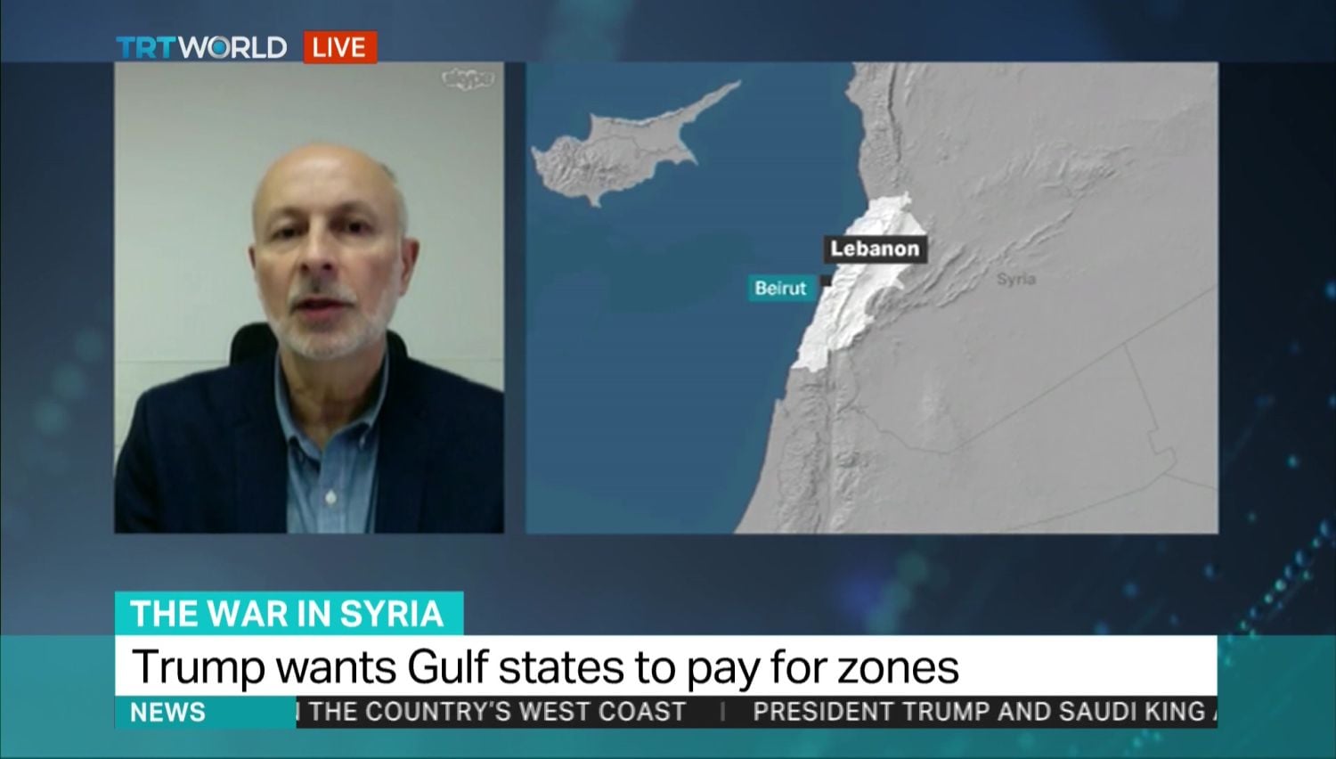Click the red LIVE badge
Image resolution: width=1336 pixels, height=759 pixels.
click(x=339, y=47)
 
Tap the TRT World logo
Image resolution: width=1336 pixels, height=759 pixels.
click(x=201, y=47)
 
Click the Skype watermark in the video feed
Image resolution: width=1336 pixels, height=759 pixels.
click(x=468, y=79)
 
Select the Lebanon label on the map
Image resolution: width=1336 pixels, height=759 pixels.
click(x=875, y=249)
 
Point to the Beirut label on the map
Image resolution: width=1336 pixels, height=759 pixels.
click(x=780, y=288)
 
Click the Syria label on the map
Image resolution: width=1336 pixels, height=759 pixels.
click(x=1015, y=279)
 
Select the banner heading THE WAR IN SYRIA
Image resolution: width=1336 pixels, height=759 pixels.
click(x=287, y=614)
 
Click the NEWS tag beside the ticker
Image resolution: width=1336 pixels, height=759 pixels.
click(x=167, y=713)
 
